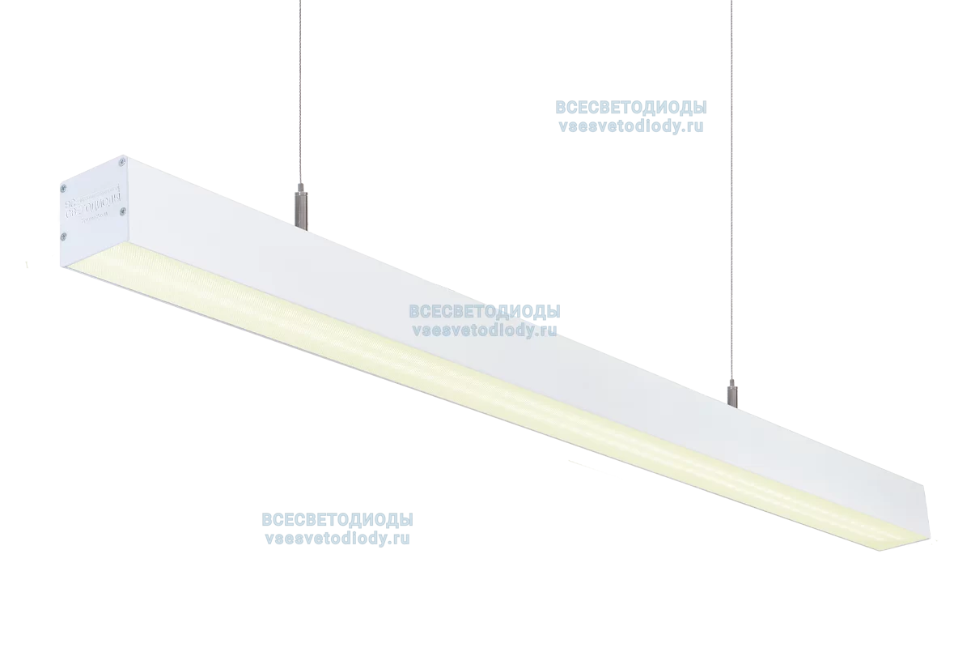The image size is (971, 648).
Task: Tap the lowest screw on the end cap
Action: (64, 236)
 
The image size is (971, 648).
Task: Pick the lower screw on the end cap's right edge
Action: (122, 211)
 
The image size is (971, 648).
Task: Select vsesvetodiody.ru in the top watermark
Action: (630, 126)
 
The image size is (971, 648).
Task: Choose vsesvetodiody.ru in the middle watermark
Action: (485, 330)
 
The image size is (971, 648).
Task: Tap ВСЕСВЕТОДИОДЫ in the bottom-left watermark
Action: (337, 520)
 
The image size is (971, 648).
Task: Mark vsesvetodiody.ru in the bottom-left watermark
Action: (337, 537)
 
